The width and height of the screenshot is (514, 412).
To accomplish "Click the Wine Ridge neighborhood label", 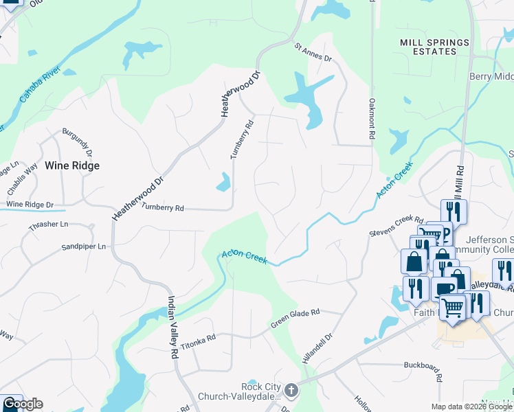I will tap(72, 165).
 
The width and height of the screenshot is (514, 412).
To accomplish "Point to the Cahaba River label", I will tap(40, 86).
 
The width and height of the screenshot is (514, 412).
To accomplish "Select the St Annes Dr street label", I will tap(313, 52).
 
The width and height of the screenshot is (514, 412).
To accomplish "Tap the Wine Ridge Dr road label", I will tap(30, 205).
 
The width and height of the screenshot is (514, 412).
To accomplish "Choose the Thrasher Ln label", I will tap(48, 224).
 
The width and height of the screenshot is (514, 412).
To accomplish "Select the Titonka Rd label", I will tap(199, 338).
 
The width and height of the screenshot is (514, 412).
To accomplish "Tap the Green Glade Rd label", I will tap(295, 317).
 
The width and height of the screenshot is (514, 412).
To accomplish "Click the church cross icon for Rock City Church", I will tap(291, 391).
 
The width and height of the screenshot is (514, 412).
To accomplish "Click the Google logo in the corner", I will tap(22, 404).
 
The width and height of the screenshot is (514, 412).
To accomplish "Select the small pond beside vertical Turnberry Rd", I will tap(223, 182).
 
